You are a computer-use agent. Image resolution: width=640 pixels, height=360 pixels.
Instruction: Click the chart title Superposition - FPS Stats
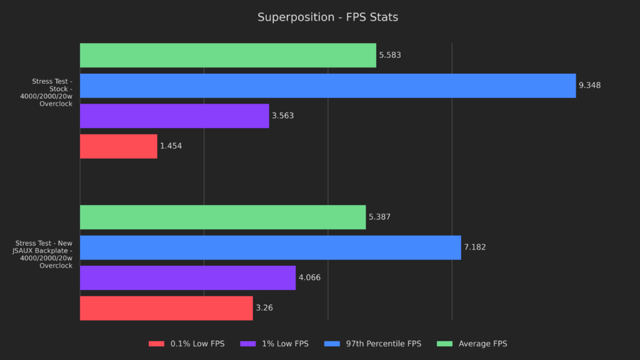click(327, 17)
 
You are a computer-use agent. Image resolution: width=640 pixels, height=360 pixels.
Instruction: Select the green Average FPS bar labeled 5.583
click(227, 55)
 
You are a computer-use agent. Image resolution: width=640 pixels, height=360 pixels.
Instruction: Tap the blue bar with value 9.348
click(327, 86)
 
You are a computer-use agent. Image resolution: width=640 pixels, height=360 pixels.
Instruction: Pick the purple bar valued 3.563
click(174, 116)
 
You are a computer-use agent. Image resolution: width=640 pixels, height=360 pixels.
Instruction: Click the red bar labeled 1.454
click(118, 146)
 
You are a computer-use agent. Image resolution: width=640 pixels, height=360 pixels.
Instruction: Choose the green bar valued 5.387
click(222, 217)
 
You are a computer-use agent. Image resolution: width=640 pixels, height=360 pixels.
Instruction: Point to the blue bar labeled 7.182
click(270, 247)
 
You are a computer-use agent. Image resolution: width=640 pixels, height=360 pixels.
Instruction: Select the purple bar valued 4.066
click(187, 277)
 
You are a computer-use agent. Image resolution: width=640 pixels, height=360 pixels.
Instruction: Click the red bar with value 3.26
click(166, 307)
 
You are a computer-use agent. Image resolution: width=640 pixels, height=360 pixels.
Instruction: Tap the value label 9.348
click(589, 86)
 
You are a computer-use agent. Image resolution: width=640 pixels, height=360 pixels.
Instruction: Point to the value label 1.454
click(171, 146)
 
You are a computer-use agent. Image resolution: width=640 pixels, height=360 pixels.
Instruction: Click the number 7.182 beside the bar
click(474, 247)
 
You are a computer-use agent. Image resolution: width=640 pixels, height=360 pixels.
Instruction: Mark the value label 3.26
click(264, 307)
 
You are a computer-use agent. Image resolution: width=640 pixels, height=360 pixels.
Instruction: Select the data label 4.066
click(309, 277)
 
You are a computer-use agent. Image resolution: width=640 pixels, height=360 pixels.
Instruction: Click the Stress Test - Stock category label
click(52, 92)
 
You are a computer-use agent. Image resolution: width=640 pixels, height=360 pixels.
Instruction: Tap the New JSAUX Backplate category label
click(44, 254)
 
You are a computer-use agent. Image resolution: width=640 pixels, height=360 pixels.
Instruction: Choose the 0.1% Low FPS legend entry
click(186, 344)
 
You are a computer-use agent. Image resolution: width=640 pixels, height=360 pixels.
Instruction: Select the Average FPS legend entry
click(474, 344)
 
